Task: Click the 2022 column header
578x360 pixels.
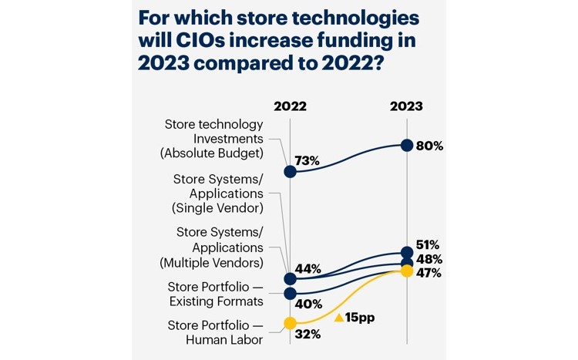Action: coord(290,106)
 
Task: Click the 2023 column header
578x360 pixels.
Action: coord(406,106)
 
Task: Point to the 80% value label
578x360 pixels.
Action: coord(429,146)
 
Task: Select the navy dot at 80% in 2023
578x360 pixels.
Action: coord(406,146)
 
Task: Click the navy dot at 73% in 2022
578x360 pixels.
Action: coord(290,171)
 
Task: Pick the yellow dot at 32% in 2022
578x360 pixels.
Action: coord(290,323)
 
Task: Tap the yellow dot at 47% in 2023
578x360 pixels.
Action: coord(406,271)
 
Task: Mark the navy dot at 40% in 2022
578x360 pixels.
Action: coord(290,294)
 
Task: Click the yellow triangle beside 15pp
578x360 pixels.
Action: coord(338,317)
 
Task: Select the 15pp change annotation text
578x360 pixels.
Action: coord(359,317)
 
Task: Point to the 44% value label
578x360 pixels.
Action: coord(308,268)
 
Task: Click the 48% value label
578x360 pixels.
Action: coord(429,259)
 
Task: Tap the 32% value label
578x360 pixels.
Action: coord(307,335)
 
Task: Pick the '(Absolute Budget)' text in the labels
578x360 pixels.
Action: coord(211,153)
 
